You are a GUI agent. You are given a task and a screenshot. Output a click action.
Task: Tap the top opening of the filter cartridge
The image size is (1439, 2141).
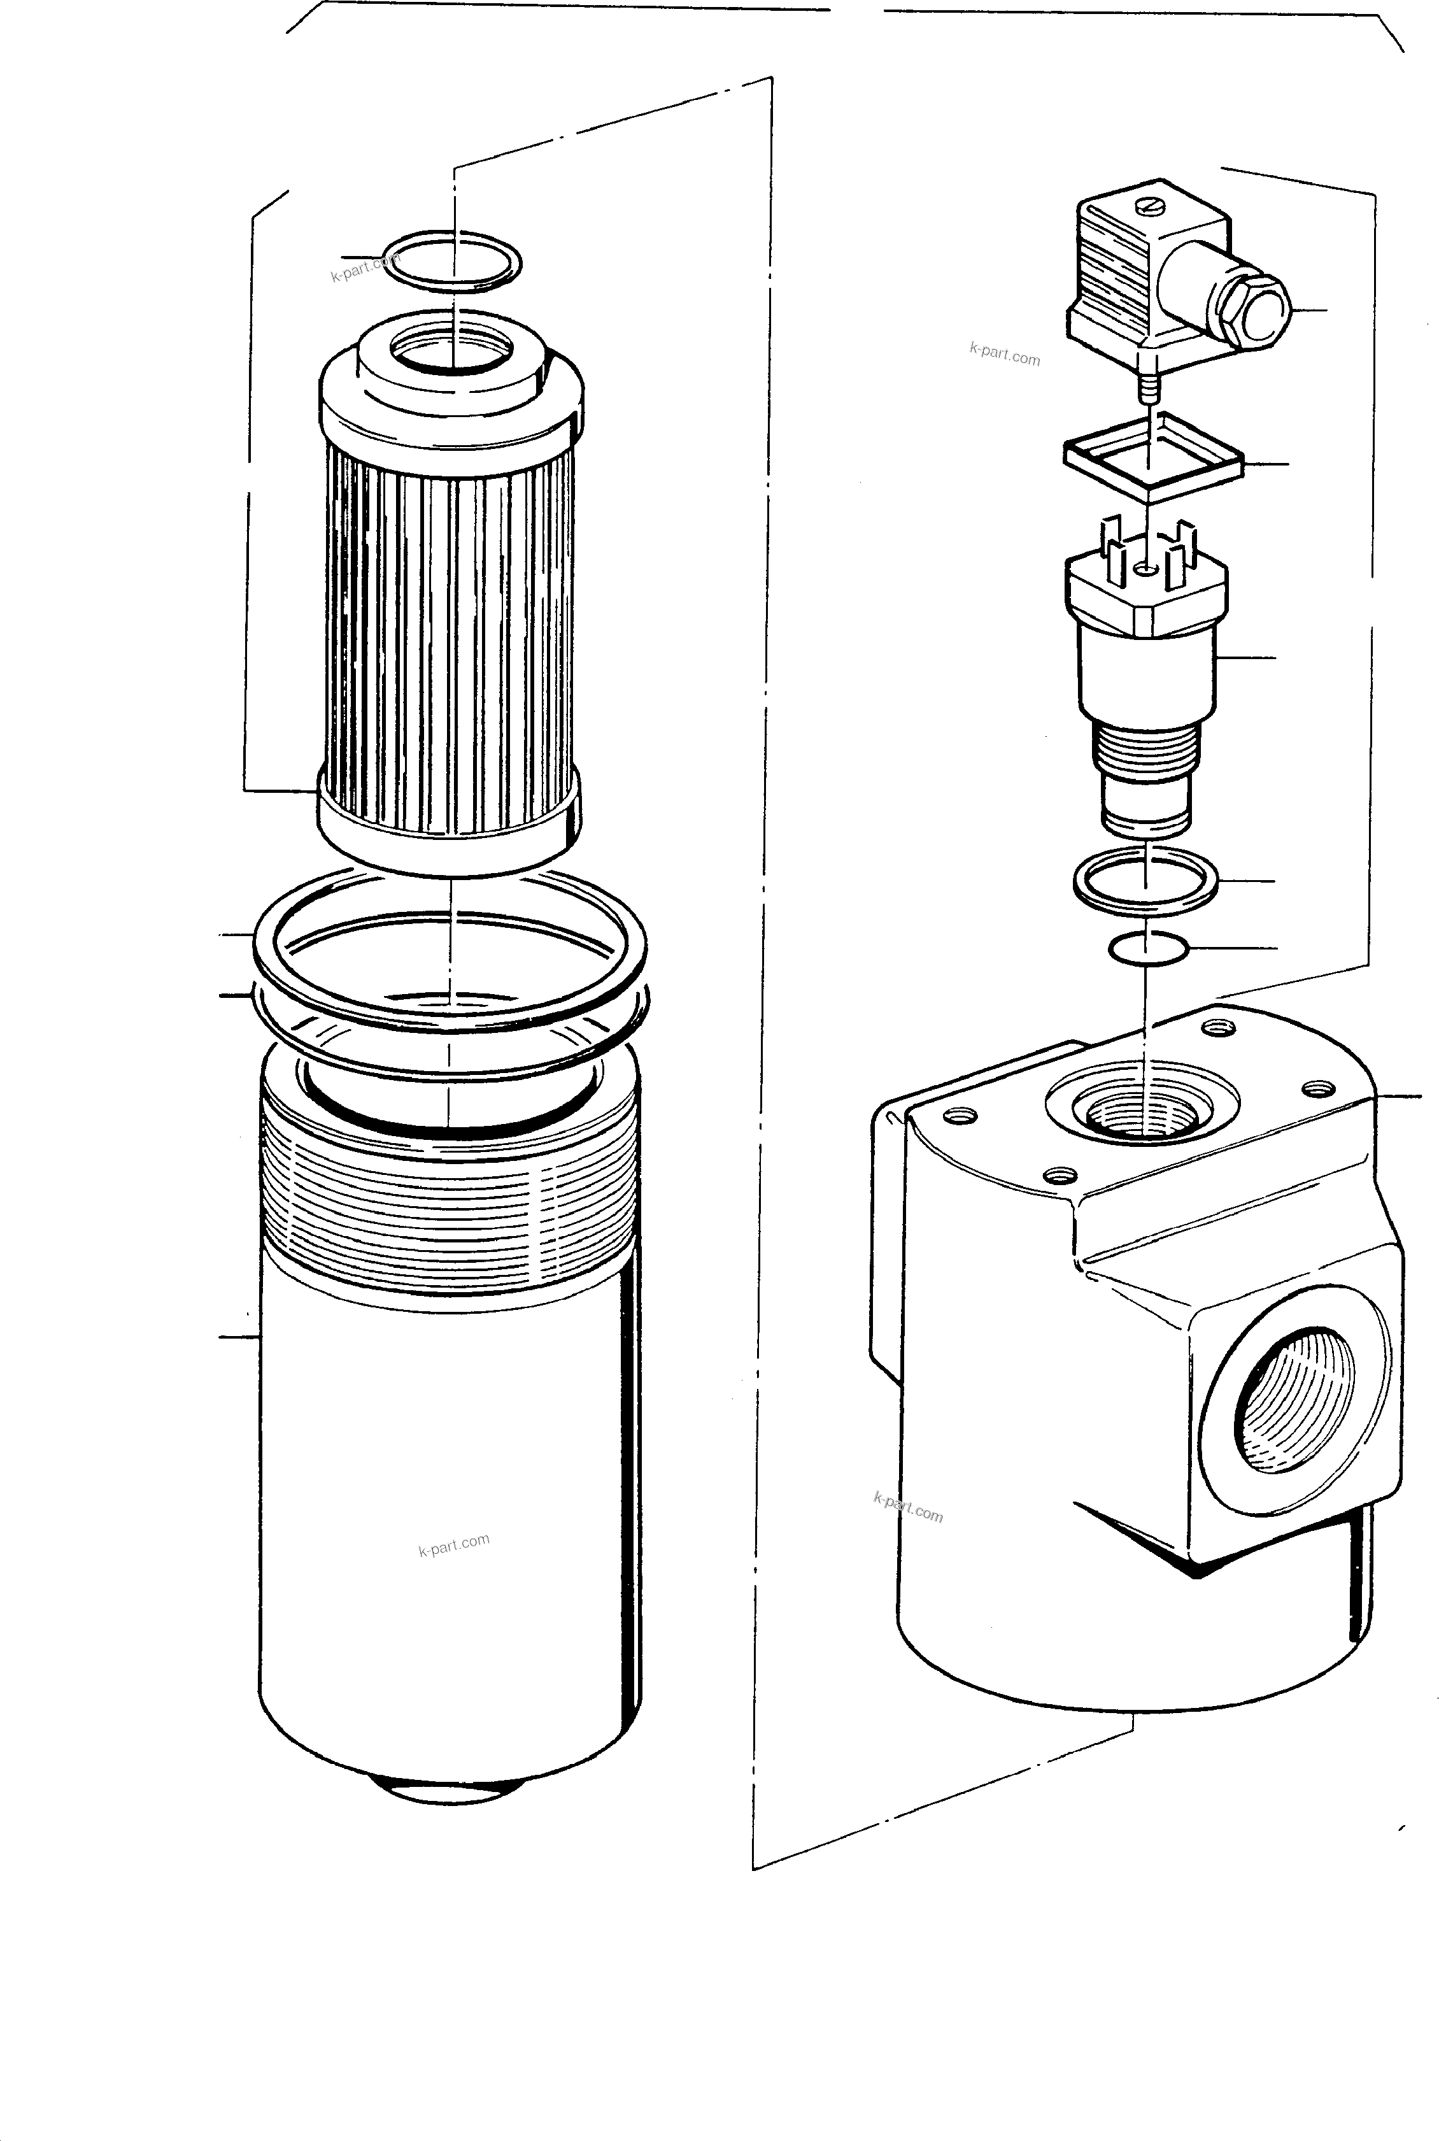point(450,352)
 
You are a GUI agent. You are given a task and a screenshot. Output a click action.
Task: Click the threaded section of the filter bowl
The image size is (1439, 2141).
point(450,1211)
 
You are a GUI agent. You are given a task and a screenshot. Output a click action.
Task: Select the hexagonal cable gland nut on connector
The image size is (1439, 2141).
point(1258,309)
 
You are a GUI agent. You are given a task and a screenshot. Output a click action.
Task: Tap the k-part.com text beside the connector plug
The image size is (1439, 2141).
point(1004,353)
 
